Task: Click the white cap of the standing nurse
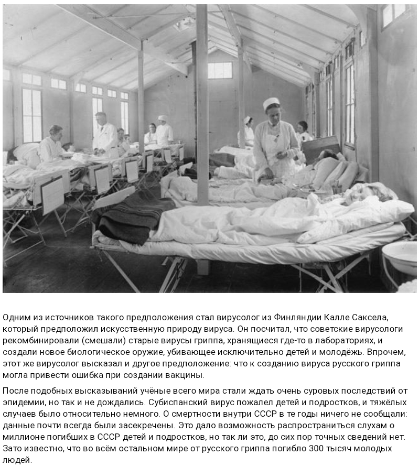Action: click(x=271, y=103)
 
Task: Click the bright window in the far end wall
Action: click(x=220, y=70)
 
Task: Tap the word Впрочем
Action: click(x=387, y=352)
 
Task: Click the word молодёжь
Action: click(x=360, y=352)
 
